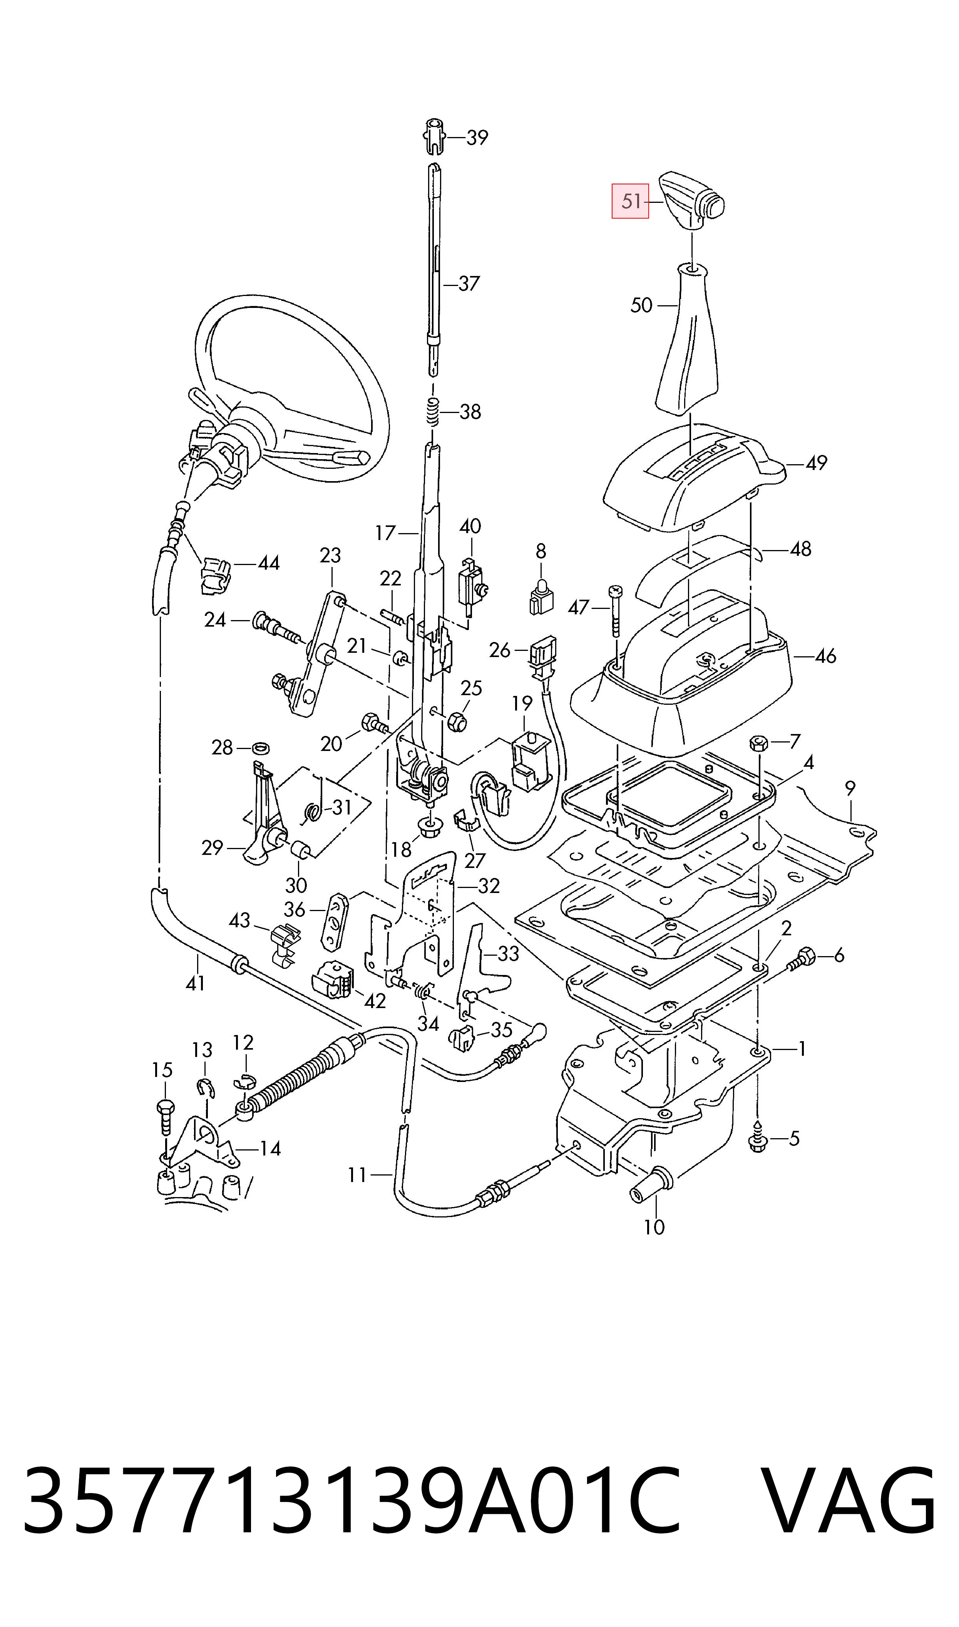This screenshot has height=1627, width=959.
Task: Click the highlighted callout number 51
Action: click(630, 202)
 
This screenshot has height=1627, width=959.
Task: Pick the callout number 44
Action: click(268, 563)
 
